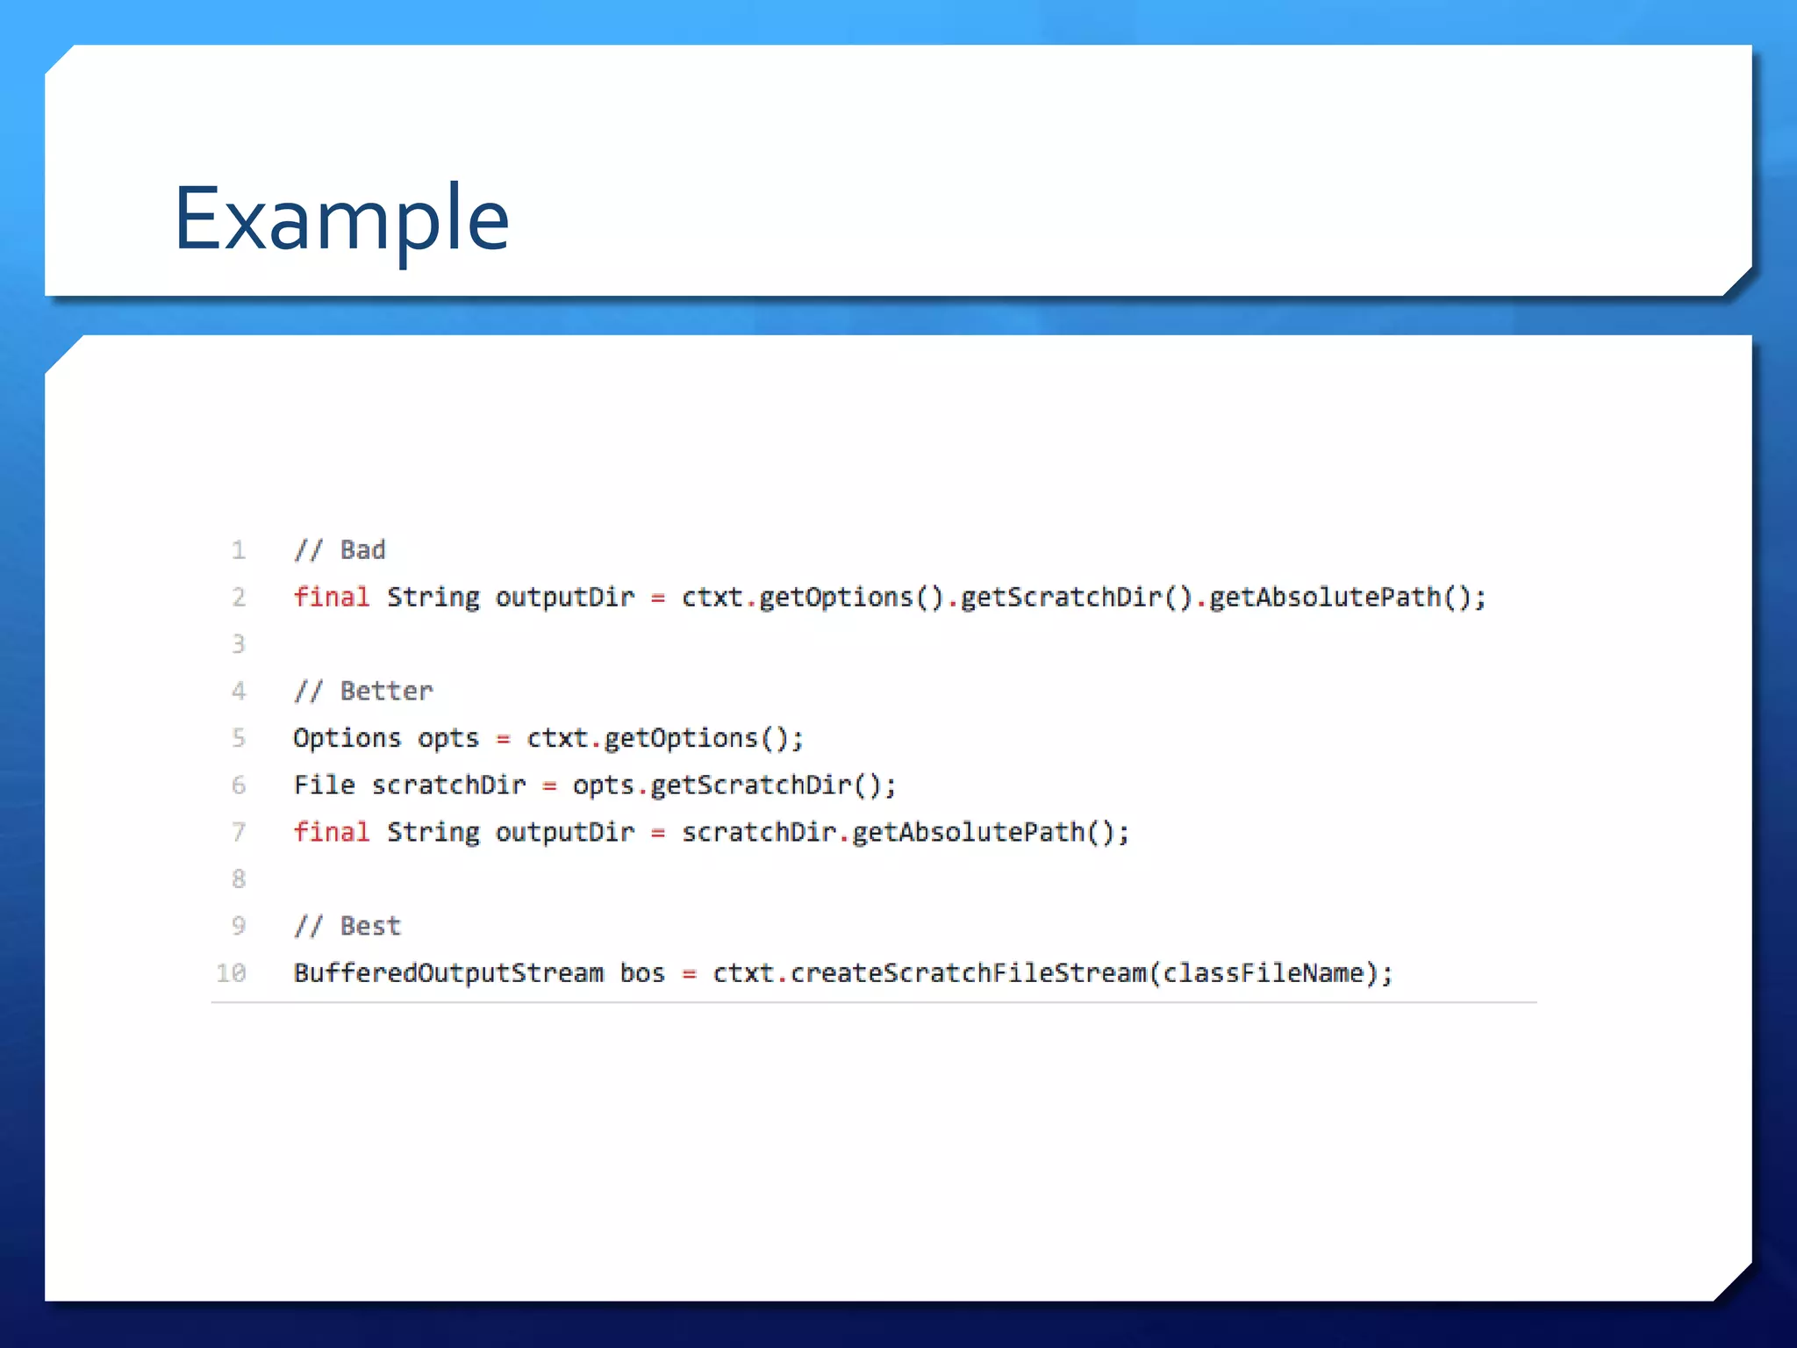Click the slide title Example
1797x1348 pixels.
tap(341, 219)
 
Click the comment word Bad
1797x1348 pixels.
tap(362, 550)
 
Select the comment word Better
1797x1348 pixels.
tap(386, 691)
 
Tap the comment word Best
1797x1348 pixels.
tap(369, 926)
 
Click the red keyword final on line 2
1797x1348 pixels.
tap(331, 597)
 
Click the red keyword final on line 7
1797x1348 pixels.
tap(331, 831)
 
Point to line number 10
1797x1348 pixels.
tap(232, 972)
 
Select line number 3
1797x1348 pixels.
tap(238, 644)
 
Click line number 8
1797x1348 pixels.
tap(238, 878)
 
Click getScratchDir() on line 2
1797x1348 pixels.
tap(1076, 597)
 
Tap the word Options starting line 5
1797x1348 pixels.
tap(347, 738)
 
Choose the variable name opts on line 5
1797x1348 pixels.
tap(447, 738)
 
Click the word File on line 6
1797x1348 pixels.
tap(324, 785)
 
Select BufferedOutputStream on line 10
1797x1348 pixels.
tap(448, 972)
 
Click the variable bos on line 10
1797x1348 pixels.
tap(642, 972)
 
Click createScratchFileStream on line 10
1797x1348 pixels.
tap(968, 972)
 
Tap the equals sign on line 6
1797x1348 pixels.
tap(549, 785)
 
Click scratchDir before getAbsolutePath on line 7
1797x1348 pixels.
tap(758, 831)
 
